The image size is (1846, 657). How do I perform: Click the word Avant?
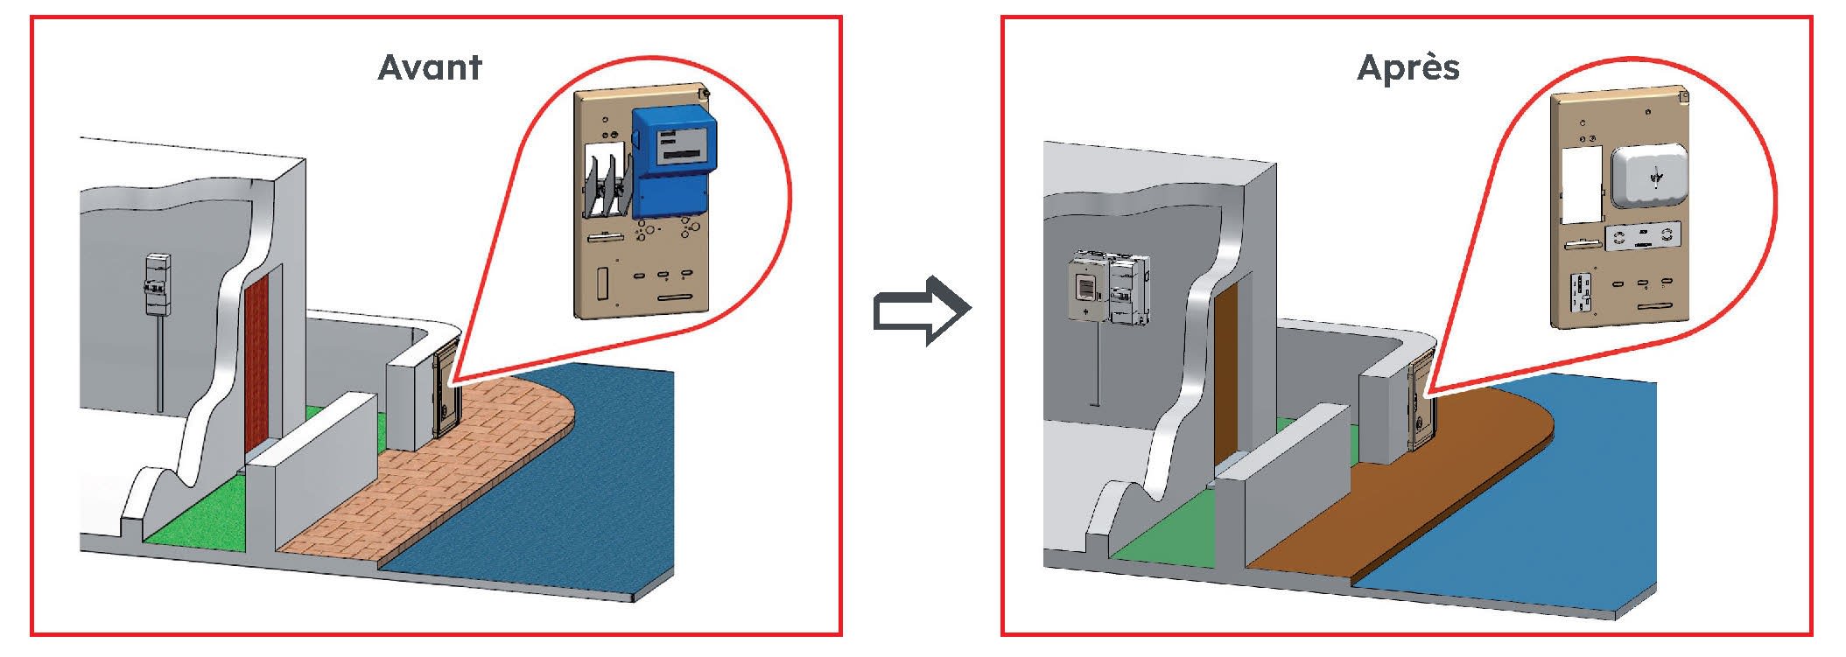(x=429, y=67)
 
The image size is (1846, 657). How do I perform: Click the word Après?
(x=1407, y=67)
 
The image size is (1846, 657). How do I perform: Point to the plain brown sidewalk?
(x=1418, y=490)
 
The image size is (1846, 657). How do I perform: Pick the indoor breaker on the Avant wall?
(x=157, y=284)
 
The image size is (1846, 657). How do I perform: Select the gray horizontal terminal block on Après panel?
(x=1643, y=238)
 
